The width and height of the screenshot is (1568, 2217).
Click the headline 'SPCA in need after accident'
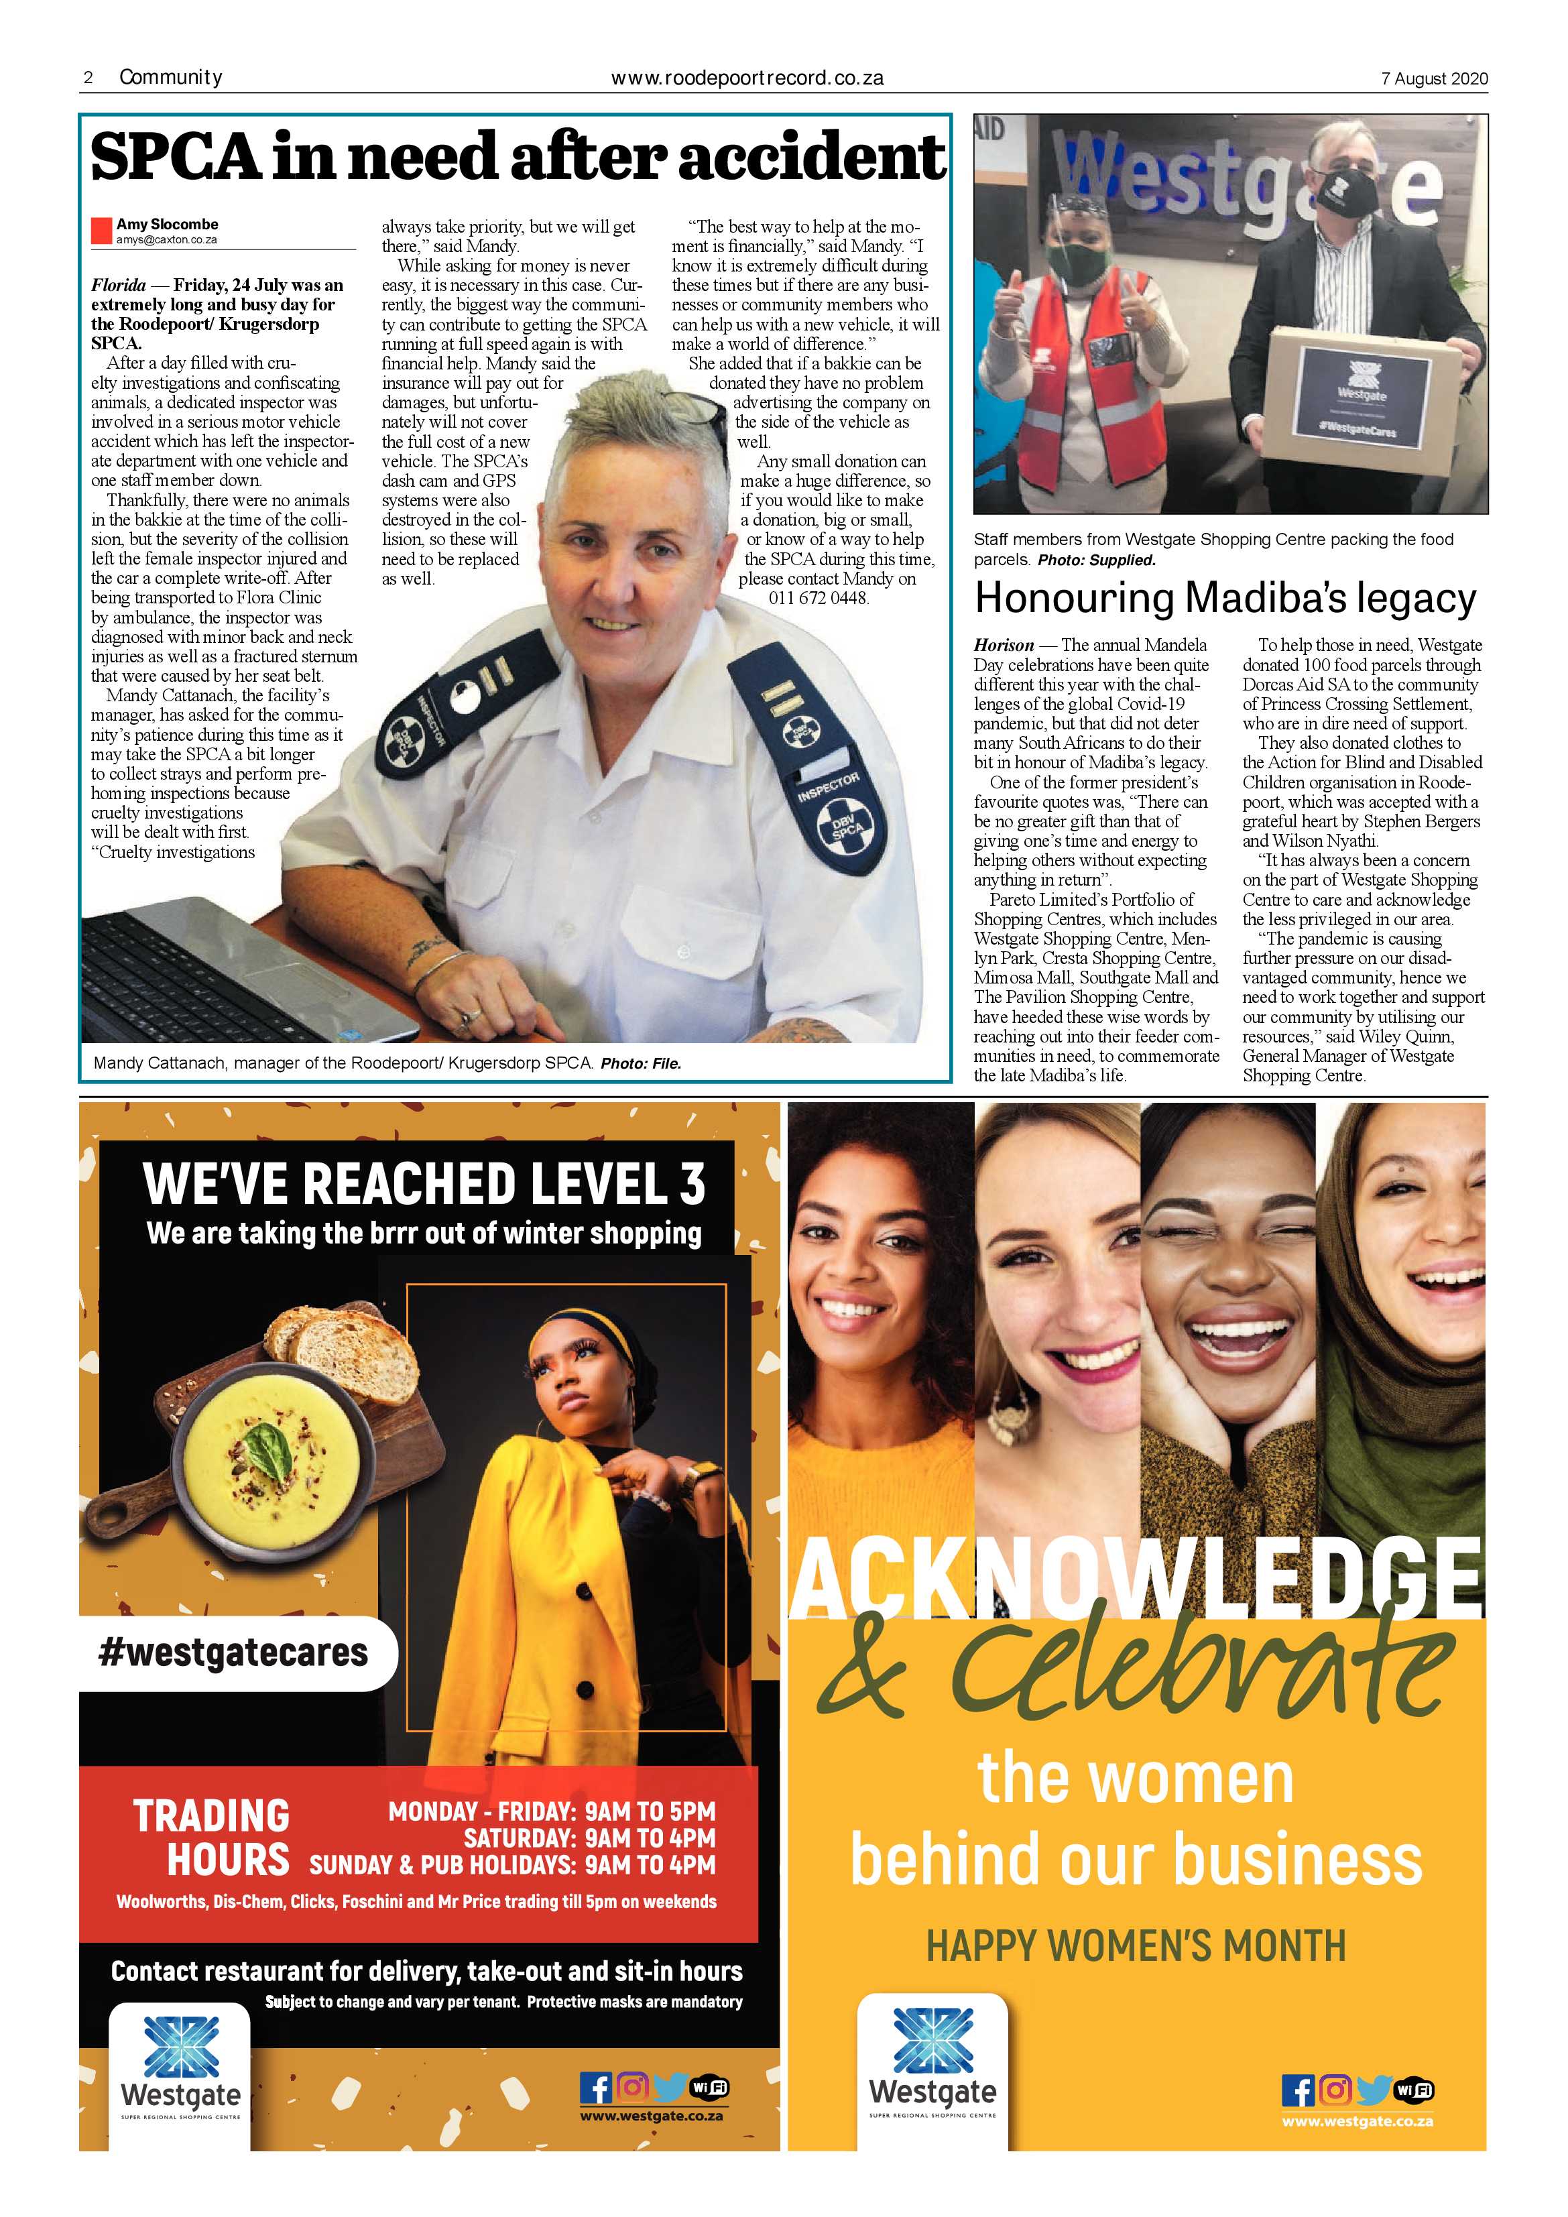518,158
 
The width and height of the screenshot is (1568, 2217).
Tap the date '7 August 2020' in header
1434,79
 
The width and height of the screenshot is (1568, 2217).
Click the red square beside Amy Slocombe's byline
101,231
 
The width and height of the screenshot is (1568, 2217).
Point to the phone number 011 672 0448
819,598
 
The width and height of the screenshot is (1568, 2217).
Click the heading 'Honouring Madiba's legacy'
1224,599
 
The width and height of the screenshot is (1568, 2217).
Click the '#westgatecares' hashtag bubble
234,1652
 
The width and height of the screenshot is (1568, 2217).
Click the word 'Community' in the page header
171,77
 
